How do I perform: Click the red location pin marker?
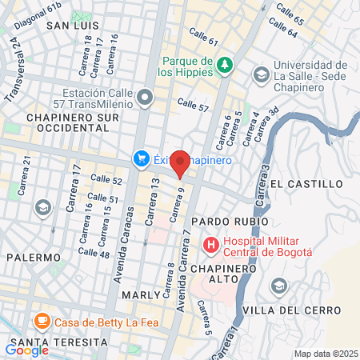181,163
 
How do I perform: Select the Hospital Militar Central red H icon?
211,244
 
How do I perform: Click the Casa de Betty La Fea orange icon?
42,323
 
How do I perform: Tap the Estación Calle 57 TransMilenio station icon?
145,98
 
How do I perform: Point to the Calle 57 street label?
193,105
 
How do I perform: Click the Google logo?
27,350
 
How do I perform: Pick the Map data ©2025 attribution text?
324,354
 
